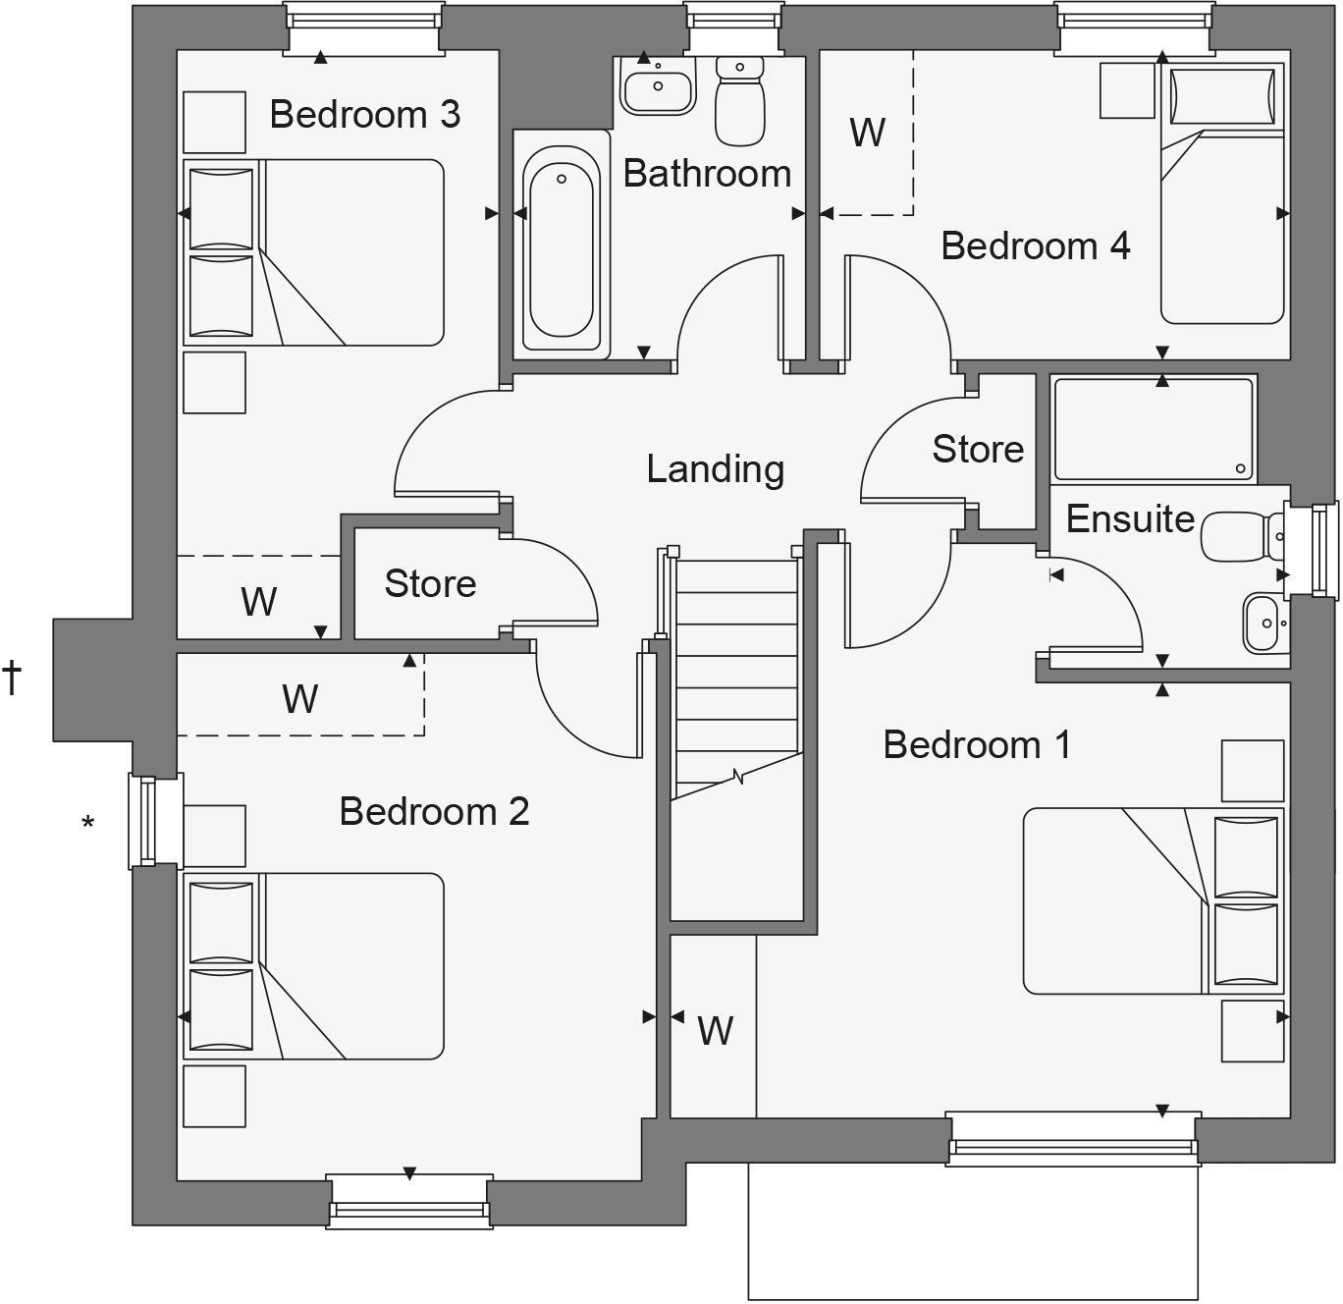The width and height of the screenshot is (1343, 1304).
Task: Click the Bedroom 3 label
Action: coord(364,115)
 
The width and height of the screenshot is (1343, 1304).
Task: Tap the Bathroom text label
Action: coord(707,174)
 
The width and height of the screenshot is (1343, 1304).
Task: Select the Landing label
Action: coord(715,469)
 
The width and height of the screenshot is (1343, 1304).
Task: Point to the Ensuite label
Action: coord(1130,519)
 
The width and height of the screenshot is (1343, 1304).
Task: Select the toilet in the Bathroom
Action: coord(739,100)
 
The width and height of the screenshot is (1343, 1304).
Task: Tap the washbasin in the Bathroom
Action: coord(658,85)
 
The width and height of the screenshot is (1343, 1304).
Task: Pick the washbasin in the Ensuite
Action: coord(1263,623)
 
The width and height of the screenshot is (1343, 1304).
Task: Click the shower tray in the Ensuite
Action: coord(1153,428)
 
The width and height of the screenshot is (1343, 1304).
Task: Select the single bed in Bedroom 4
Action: coord(1222,193)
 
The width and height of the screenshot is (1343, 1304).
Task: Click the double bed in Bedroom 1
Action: coord(1153,900)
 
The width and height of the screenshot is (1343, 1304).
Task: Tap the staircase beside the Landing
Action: coord(736,678)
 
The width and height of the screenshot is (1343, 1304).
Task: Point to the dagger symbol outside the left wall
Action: coord(12,678)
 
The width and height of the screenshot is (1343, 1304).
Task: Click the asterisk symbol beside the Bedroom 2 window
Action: coord(88,824)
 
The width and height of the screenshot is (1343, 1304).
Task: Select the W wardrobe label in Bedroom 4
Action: coord(867,133)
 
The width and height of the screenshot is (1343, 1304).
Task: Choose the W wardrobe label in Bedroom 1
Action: coord(715,1031)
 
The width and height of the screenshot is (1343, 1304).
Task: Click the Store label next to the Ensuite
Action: coord(978,450)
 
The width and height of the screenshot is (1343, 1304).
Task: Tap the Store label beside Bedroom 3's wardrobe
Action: coord(430,584)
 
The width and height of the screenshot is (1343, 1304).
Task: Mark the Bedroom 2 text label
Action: coord(434,812)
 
